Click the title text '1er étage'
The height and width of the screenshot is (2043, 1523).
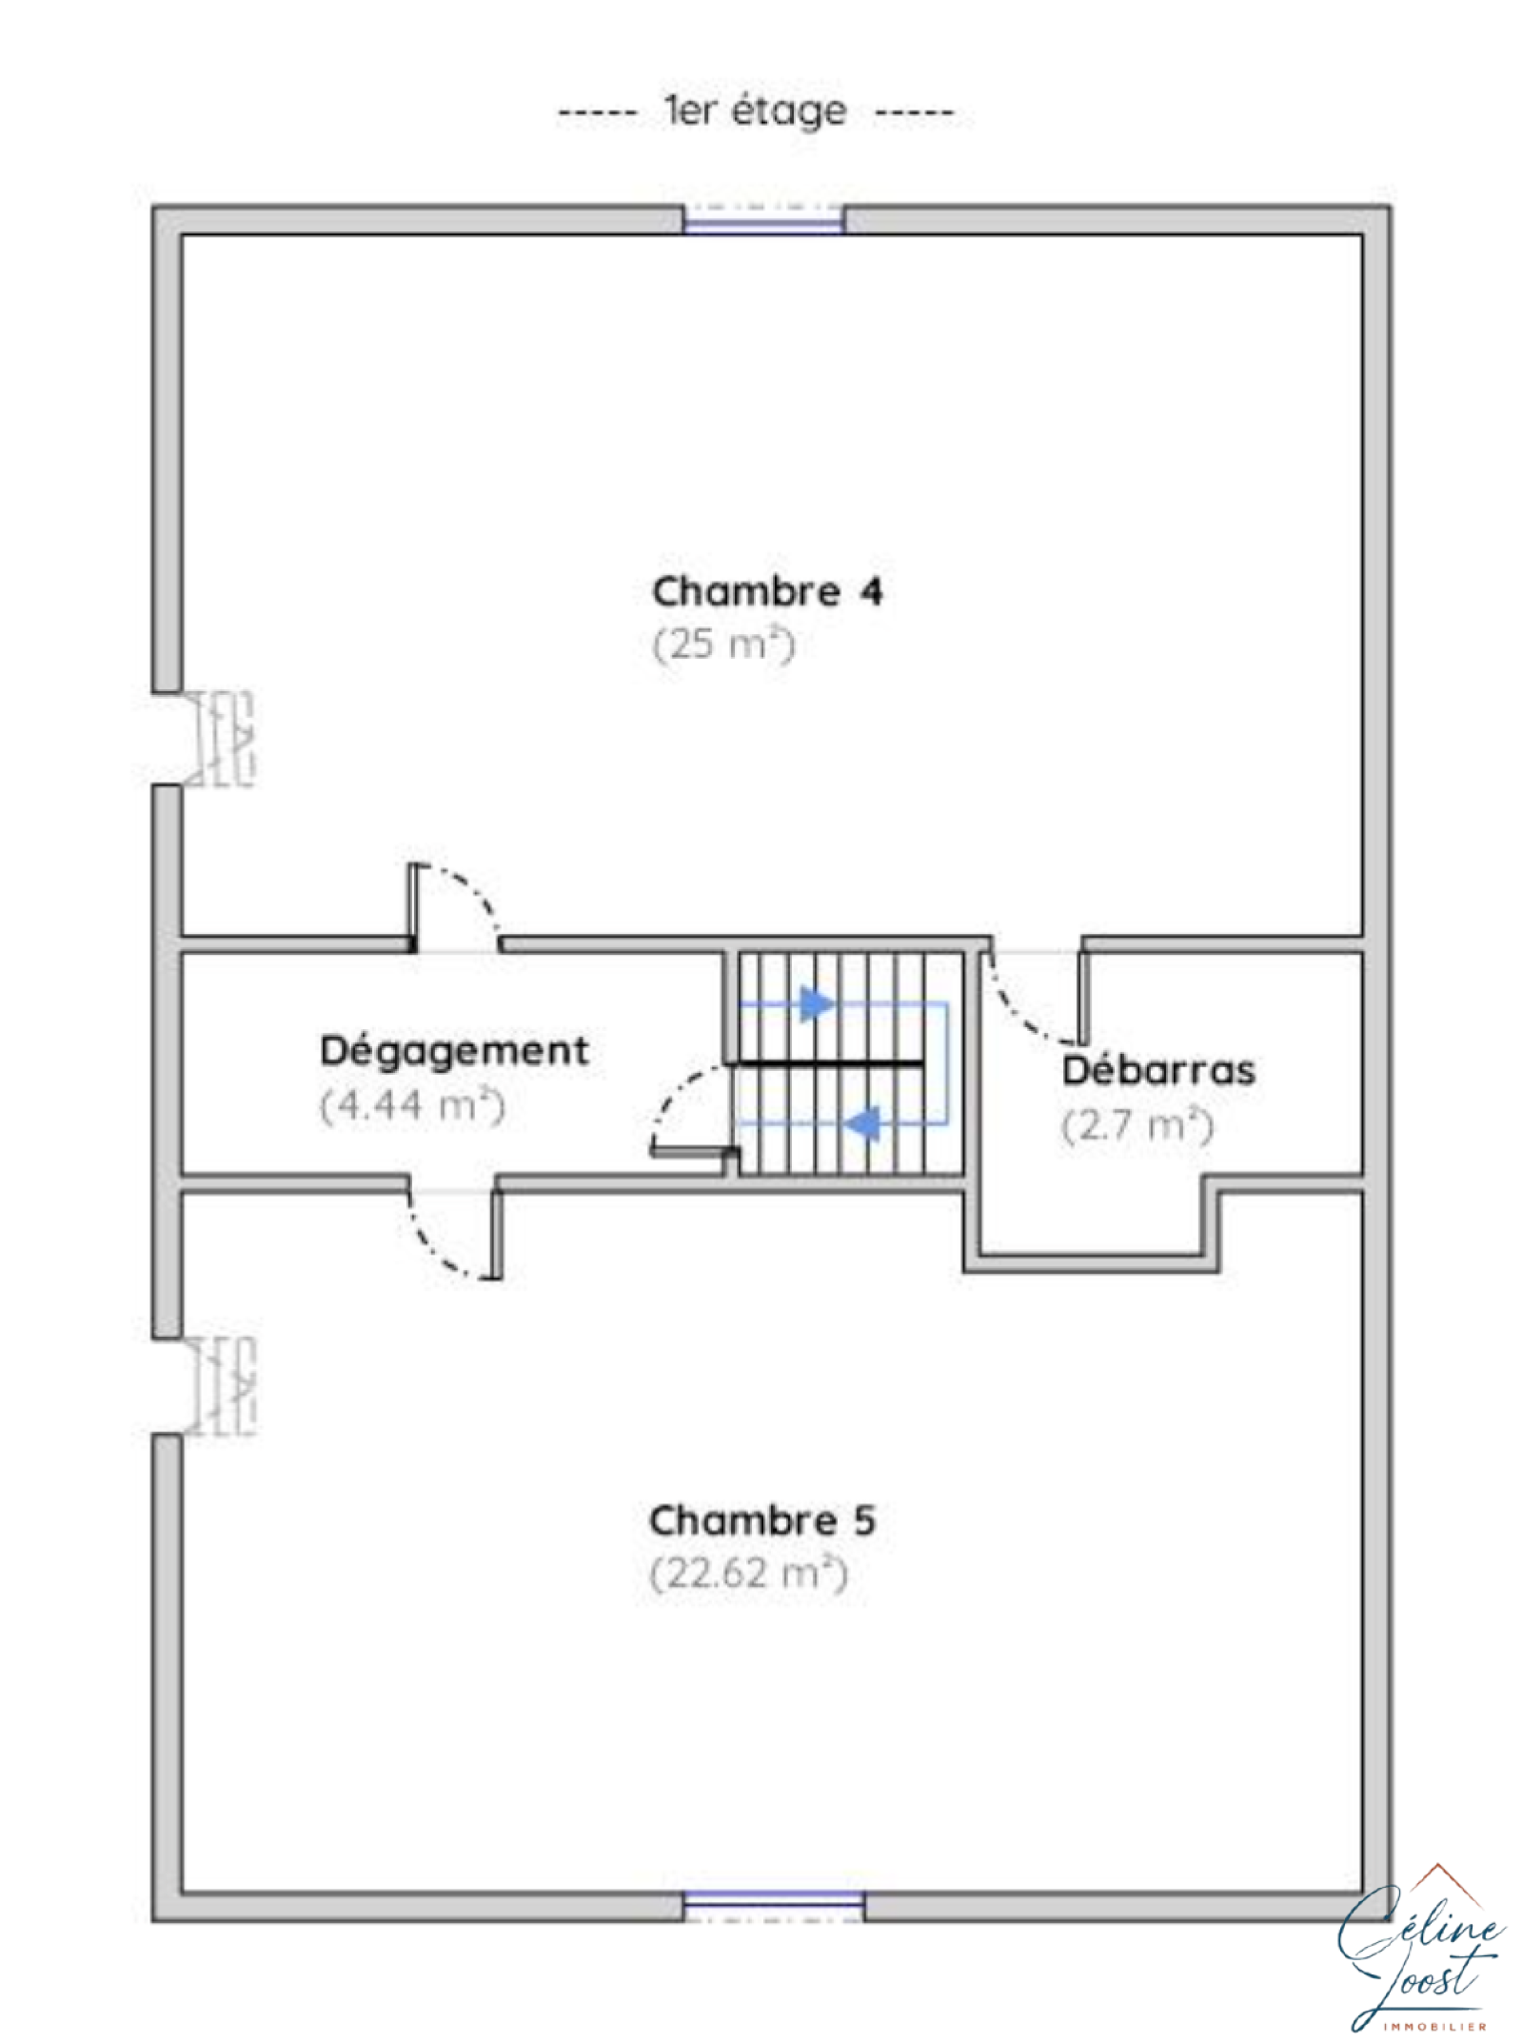coord(755,111)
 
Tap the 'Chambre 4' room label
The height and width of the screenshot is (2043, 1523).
coord(766,591)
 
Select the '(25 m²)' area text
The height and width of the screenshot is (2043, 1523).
coord(722,645)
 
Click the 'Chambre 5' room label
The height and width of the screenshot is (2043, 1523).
coord(761,1520)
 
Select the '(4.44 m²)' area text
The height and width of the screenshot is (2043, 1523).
coord(411,1105)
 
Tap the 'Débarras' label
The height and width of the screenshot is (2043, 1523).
coord(1158,1071)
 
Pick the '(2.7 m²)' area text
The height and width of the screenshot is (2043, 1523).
coord(1137,1125)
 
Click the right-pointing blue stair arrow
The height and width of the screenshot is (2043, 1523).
coord(817,1004)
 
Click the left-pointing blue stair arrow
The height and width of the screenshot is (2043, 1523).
coord(863,1124)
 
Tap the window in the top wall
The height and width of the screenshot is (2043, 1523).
coord(764,220)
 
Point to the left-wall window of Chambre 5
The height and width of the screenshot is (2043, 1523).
coord(221,1386)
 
